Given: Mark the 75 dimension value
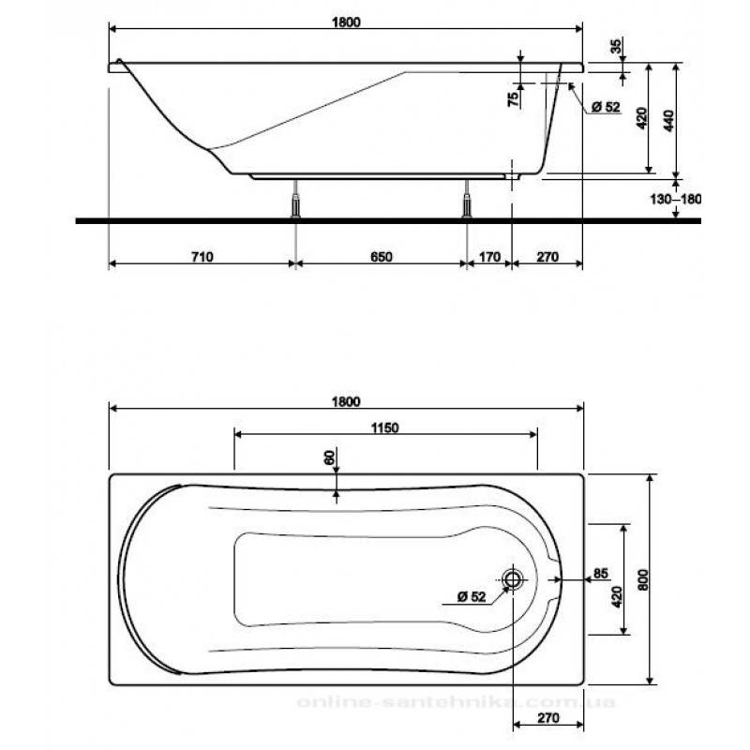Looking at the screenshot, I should pos(514,100).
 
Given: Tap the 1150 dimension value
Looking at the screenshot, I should pos(385,428).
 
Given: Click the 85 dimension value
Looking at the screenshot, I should pos(602,573).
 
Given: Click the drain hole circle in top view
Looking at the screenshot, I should pos(513,578).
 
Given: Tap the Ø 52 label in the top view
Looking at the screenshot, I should pos(472,596).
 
